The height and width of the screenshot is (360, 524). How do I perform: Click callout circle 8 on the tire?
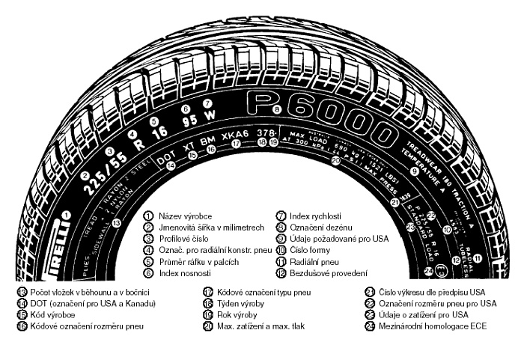coord(277,109)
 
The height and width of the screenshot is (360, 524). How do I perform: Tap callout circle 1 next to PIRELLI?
coord(67,216)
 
